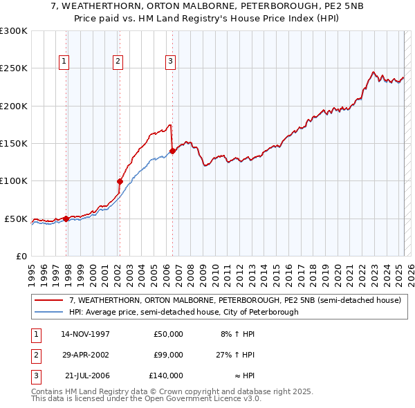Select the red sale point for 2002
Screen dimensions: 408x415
coord(120,182)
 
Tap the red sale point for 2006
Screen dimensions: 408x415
coord(172,151)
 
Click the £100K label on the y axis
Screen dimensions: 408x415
coord(14,181)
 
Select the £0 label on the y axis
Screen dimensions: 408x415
coord(20,256)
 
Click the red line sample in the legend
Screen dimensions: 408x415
coord(49,301)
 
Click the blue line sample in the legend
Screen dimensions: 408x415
coord(49,312)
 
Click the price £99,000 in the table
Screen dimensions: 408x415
coord(168,355)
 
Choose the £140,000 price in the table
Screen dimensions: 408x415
coord(166,375)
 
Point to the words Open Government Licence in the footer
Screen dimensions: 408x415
coord(192,398)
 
